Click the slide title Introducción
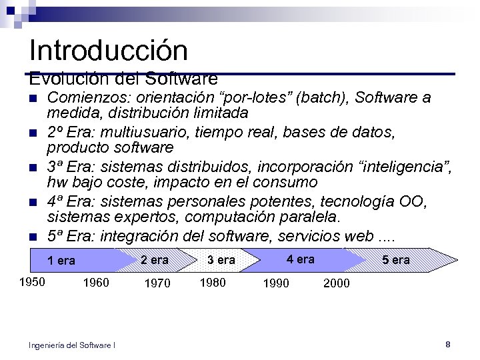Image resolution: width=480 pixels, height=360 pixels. (x=109, y=51)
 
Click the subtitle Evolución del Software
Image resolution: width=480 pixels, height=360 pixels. (x=123, y=79)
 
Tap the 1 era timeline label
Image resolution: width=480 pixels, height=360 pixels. (x=61, y=261)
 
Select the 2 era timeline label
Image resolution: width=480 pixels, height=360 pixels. (x=155, y=259)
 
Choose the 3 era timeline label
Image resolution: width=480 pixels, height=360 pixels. (x=221, y=259)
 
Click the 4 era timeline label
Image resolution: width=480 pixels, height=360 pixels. (x=300, y=259)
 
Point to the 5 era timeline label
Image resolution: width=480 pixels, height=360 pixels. (x=396, y=259)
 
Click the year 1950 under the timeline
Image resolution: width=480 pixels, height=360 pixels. (x=32, y=281)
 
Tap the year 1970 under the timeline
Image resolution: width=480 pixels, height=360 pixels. (x=157, y=283)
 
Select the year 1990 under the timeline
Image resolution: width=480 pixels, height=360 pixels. (x=276, y=283)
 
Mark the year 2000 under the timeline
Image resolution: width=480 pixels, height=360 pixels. (x=336, y=283)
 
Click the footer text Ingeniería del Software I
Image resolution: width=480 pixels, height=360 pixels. (x=72, y=345)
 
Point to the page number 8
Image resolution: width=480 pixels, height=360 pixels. (x=448, y=344)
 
